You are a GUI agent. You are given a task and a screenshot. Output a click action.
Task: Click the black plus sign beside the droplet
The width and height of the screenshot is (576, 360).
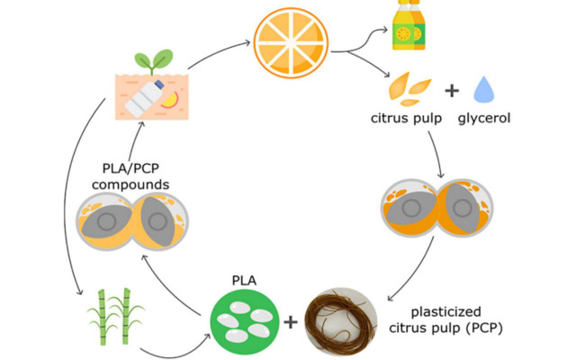(x=452, y=91)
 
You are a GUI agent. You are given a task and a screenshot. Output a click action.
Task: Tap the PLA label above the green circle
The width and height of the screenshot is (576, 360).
(x=244, y=280)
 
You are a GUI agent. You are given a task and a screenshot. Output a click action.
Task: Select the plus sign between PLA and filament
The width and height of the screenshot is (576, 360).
(x=290, y=320)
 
